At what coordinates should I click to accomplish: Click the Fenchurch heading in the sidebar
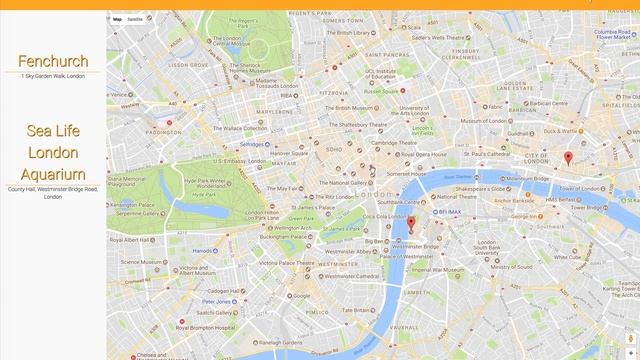click(x=53, y=62)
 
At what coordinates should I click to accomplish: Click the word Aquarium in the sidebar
click(x=53, y=175)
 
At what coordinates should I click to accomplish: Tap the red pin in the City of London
click(x=568, y=157)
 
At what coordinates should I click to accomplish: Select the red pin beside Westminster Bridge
click(x=410, y=222)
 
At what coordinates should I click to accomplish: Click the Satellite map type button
click(x=135, y=19)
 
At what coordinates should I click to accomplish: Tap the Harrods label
click(x=203, y=250)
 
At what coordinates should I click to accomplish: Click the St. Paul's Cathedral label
click(x=490, y=154)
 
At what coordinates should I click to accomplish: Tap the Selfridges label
click(x=252, y=144)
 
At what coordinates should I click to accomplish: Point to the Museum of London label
click(x=520, y=119)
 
